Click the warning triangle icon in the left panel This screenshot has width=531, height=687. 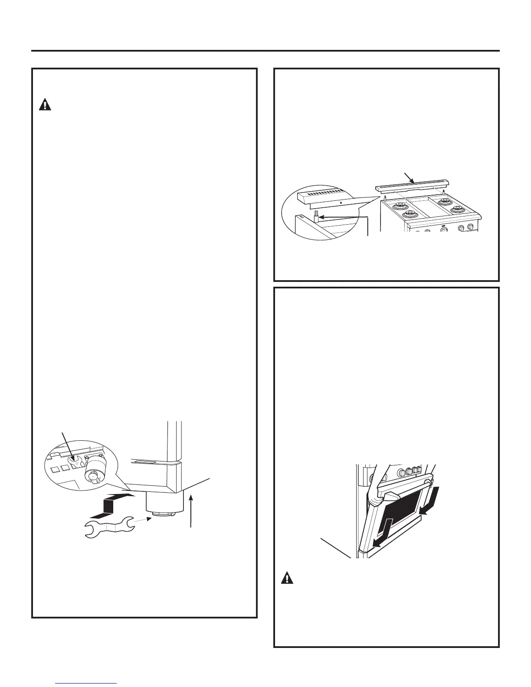45,105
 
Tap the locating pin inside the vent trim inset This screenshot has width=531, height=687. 317,215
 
